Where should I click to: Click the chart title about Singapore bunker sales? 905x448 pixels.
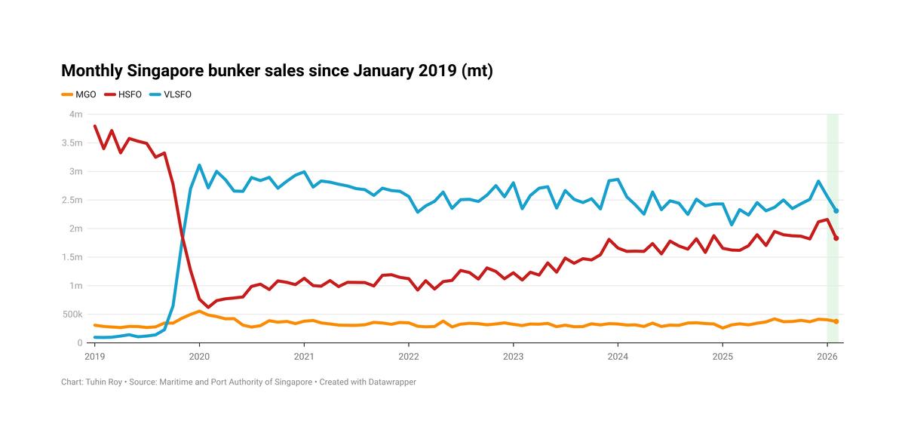point(277,71)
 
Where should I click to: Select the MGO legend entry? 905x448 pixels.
point(78,95)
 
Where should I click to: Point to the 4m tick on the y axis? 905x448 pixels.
point(75,115)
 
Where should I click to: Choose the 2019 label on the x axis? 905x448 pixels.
point(94,355)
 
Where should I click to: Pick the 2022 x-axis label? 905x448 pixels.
point(409,355)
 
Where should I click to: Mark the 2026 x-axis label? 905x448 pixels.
point(827,355)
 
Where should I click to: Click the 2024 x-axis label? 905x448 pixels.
point(618,355)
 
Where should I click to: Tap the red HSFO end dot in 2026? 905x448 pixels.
point(836,238)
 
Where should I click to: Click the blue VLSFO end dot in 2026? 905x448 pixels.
point(836,211)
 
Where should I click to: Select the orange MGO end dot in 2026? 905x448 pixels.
point(836,321)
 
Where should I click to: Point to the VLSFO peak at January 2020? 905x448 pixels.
point(199,165)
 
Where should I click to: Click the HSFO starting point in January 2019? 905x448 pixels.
point(94,126)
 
